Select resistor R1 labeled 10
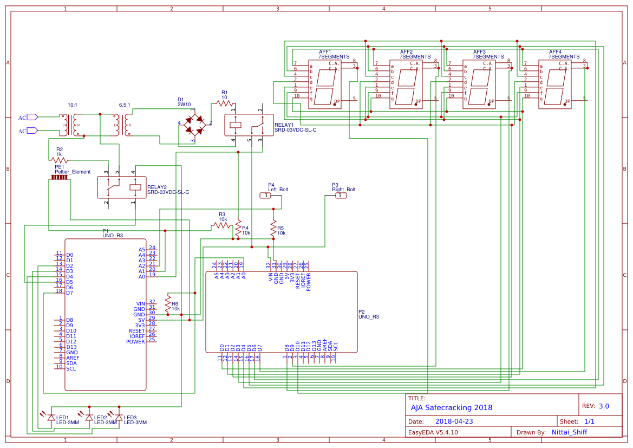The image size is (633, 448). point(224,103)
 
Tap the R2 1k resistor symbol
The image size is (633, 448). point(59,160)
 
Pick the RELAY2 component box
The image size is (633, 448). point(122,187)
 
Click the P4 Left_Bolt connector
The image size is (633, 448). point(265,196)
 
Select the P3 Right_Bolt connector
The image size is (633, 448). point(341,196)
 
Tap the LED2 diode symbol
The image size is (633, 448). point(89,417)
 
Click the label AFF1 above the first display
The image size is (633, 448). point(325,52)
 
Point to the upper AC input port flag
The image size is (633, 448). point(32,117)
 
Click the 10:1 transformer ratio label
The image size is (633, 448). point(72,105)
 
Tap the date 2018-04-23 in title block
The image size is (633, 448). point(454,421)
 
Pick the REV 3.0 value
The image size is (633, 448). point(604,406)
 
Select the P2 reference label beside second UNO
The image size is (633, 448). point(362,311)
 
